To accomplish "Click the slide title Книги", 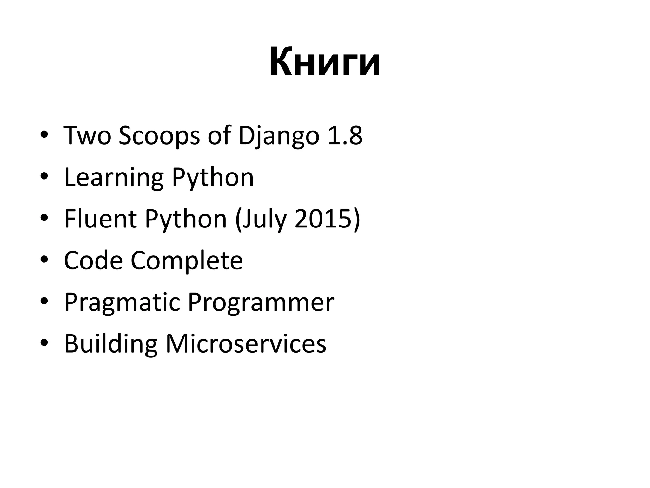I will [x=325, y=62].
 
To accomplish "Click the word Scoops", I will [x=159, y=136].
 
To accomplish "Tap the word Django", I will [x=279, y=136].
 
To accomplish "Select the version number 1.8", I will [x=345, y=136].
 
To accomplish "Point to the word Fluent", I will [x=101, y=219].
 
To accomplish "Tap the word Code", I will [x=93, y=261].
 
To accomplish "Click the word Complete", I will [x=187, y=261].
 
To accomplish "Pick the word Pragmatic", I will [x=122, y=302].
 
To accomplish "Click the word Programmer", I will [x=261, y=302].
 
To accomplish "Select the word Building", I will [x=111, y=344].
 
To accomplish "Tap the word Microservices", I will [x=246, y=344].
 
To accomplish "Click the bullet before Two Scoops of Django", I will [x=44, y=136].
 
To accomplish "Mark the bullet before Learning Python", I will [x=44, y=177].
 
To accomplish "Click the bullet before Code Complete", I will [x=44, y=261].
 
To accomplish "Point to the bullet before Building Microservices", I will [x=44, y=344].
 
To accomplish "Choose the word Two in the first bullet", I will [x=88, y=136].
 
